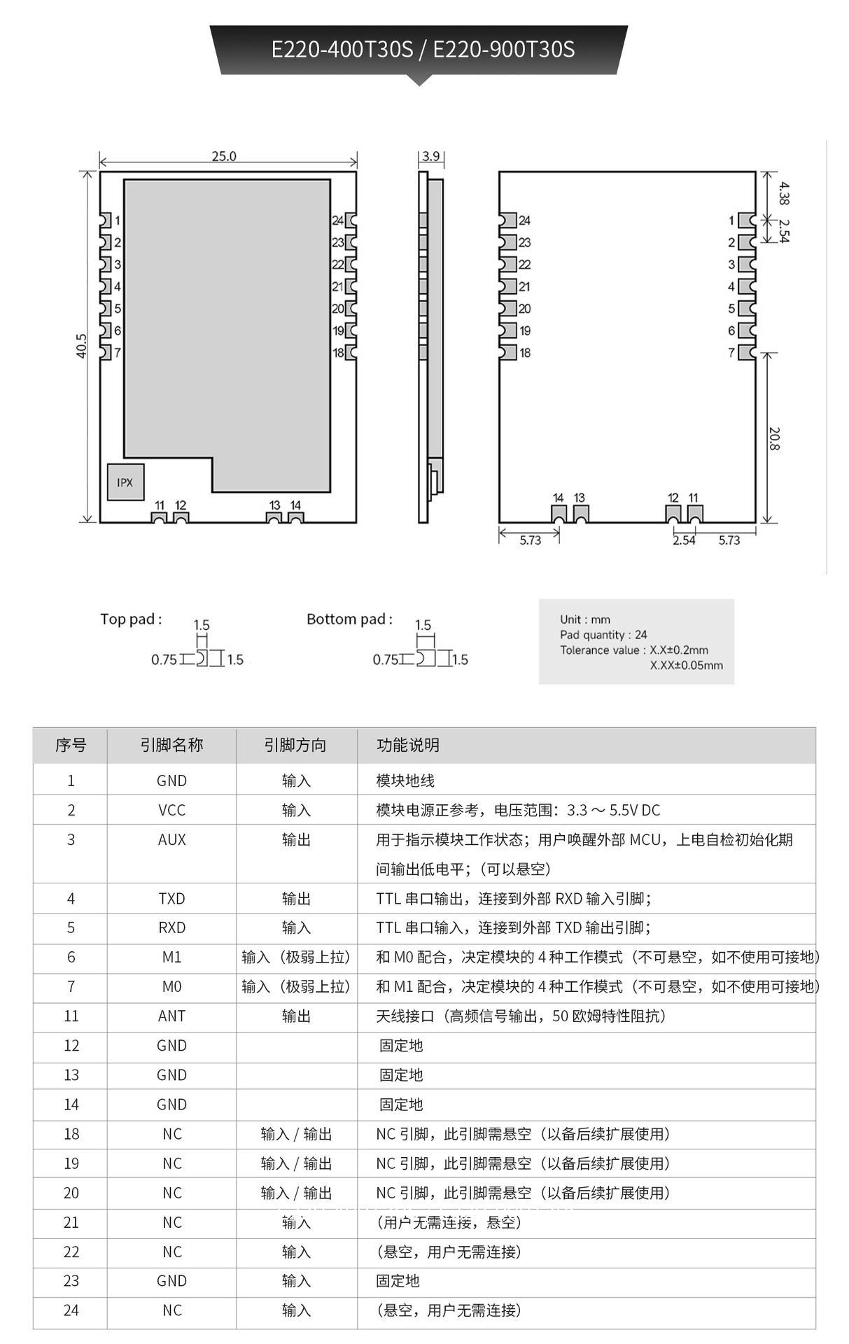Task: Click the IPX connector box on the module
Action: [x=125, y=482]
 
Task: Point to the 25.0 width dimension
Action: [x=224, y=156]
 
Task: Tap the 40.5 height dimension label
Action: [x=82, y=346]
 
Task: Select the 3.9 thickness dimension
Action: [x=431, y=156]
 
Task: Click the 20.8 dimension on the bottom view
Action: [x=773, y=439]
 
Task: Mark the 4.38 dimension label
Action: [x=784, y=193]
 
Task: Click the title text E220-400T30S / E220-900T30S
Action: [x=423, y=50]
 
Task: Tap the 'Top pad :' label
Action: [x=131, y=619]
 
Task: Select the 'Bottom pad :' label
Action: [x=349, y=619]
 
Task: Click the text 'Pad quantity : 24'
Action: [x=603, y=635]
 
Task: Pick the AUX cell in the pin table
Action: [x=171, y=840]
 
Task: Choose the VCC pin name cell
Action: [x=171, y=811]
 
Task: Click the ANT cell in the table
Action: [x=171, y=1016]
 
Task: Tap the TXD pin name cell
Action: [x=171, y=899]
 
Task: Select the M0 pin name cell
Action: [x=171, y=987]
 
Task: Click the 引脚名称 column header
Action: [x=171, y=745]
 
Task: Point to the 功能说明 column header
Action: [x=408, y=745]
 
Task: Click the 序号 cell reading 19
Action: [x=71, y=1163]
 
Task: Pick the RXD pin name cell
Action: [x=171, y=928]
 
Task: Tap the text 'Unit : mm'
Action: [x=585, y=619]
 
